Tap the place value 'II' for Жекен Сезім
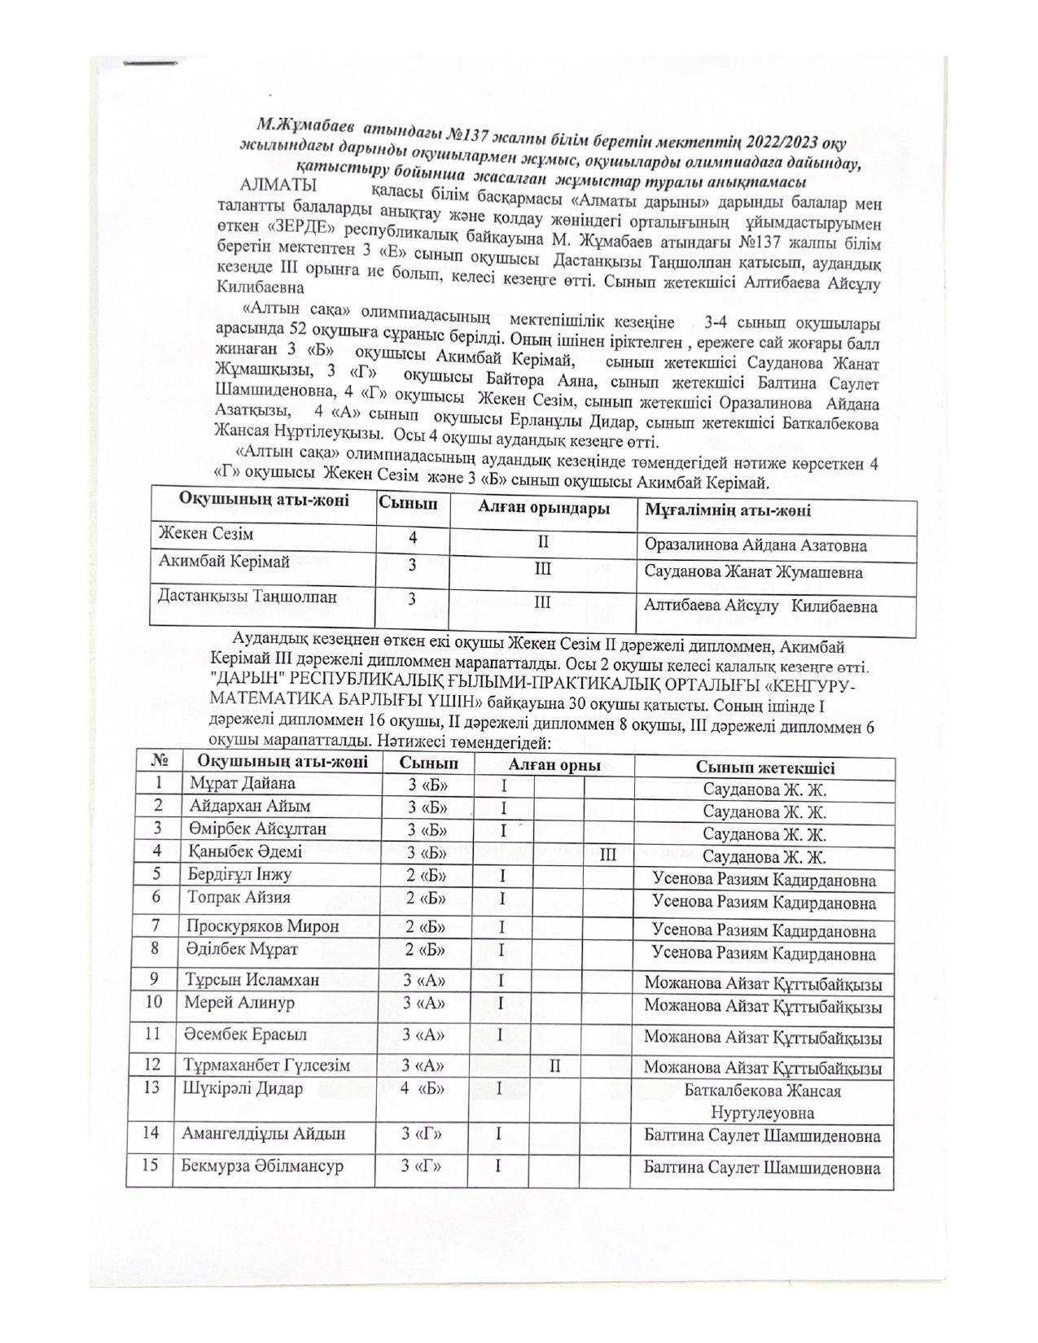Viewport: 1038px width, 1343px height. (x=543, y=541)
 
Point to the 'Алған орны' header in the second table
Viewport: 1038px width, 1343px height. (x=554, y=765)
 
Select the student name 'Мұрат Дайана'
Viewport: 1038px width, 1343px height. (x=242, y=784)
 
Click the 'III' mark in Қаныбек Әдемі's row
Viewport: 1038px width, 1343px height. (x=607, y=855)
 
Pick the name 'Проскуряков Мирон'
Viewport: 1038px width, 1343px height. (x=262, y=926)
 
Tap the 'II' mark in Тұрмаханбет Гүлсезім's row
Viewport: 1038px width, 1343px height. (x=554, y=1065)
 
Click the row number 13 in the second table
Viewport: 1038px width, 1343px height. (x=152, y=1087)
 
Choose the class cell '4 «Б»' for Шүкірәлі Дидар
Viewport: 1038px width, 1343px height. (x=422, y=1089)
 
